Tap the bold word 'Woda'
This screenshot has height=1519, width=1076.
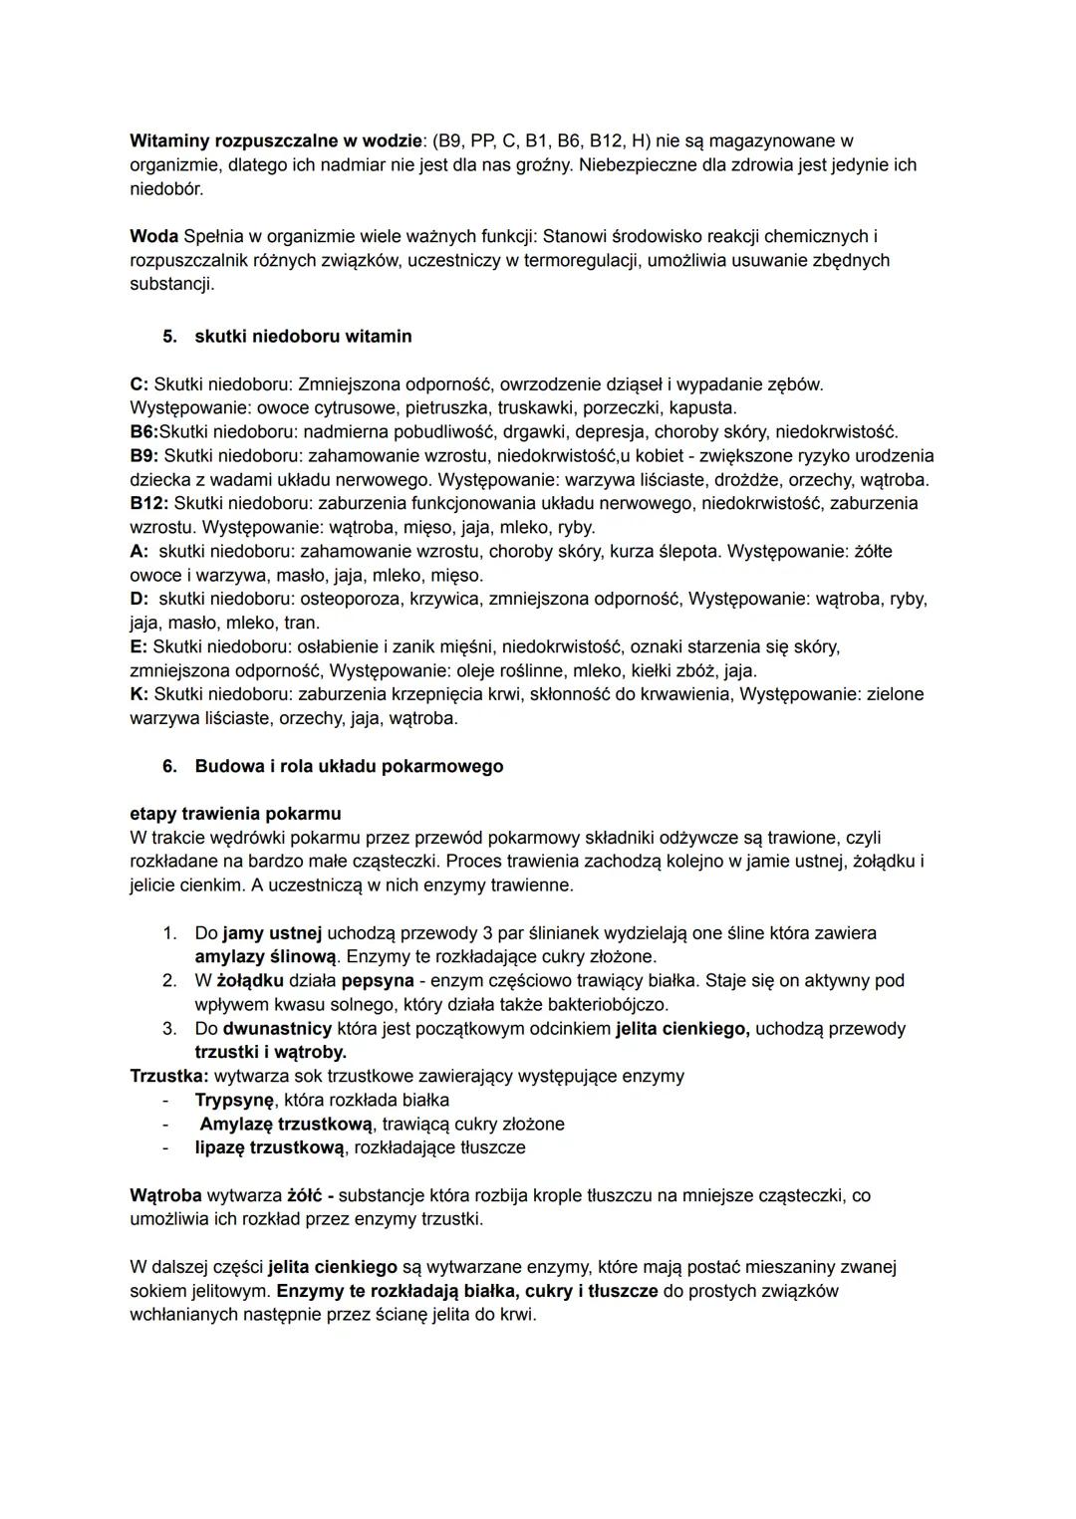(153, 237)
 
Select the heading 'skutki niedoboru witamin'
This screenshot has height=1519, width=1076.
(303, 337)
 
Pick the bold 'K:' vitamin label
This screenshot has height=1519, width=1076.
(139, 694)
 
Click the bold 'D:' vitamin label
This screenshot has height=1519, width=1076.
(139, 599)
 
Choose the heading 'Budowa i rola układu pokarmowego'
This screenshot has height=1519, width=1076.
(349, 767)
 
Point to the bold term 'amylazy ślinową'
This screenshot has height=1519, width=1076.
(266, 957)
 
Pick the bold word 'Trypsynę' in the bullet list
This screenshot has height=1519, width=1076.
(234, 1101)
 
